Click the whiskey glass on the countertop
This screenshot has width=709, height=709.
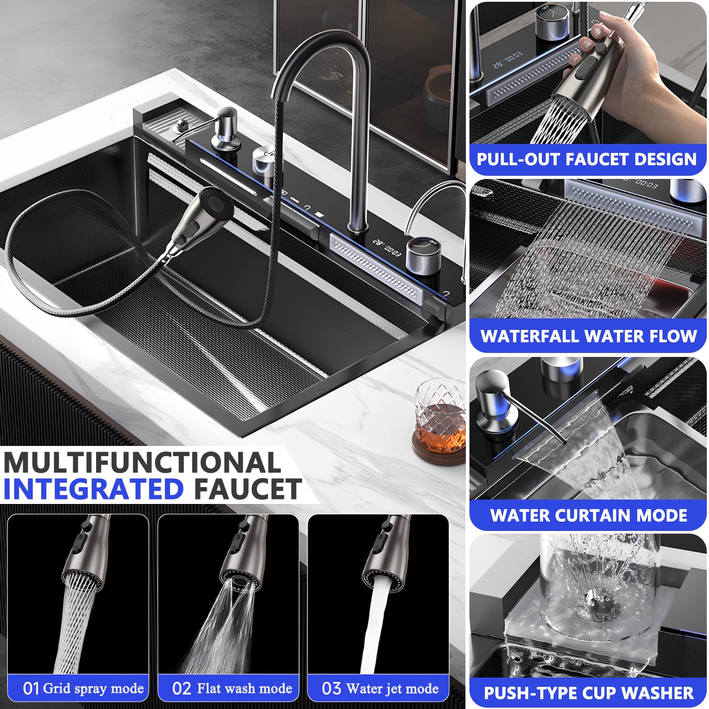tap(440, 414)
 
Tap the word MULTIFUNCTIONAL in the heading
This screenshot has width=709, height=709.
tap(142, 463)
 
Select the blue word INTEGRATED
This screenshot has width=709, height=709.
tap(93, 489)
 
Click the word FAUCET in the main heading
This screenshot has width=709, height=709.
tap(248, 489)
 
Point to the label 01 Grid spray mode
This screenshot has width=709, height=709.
tap(83, 688)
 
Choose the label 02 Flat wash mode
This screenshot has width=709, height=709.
tap(232, 688)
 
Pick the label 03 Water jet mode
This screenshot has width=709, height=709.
tap(380, 688)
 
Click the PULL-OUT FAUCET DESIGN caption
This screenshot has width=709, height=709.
tap(587, 159)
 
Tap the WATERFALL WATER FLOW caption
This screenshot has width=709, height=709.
tap(589, 336)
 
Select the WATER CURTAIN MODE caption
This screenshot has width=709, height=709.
tap(589, 515)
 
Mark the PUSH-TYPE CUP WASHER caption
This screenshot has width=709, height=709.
tap(589, 693)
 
